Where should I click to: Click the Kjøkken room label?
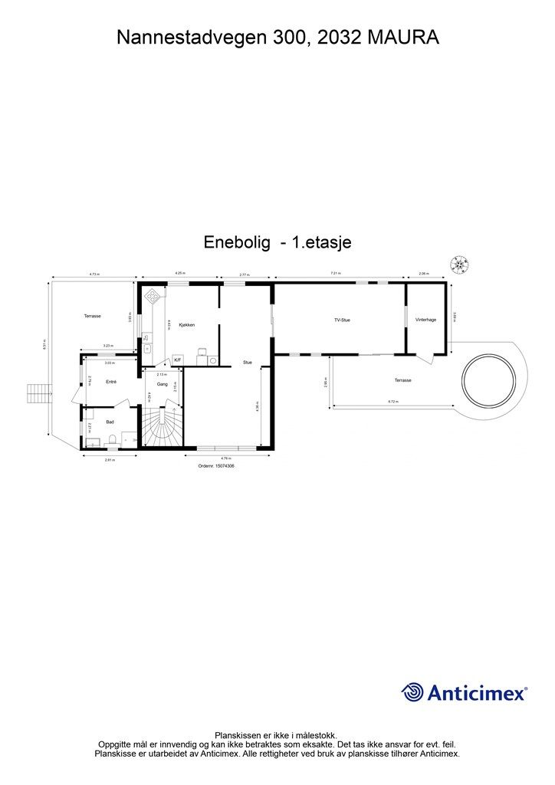click(x=186, y=325)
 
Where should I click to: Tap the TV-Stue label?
click(x=342, y=320)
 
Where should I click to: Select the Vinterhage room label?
click(x=425, y=320)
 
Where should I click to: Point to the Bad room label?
click(x=110, y=422)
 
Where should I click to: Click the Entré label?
click(x=110, y=381)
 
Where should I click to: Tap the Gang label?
click(x=162, y=383)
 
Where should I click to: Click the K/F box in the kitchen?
click(x=177, y=360)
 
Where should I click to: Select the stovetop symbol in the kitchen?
click(x=153, y=294)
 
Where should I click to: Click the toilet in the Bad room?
click(x=113, y=439)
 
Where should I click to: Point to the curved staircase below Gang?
click(x=162, y=429)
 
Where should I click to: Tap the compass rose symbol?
click(x=460, y=264)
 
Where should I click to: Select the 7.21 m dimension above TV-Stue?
click(x=335, y=273)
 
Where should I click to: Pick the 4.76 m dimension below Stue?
click(x=228, y=458)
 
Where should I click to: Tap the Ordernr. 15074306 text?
click(x=215, y=465)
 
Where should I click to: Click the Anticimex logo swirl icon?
click(x=412, y=692)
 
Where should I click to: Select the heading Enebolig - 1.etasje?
click(x=277, y=241)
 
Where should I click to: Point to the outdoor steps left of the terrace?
click(x=38, y=394)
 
